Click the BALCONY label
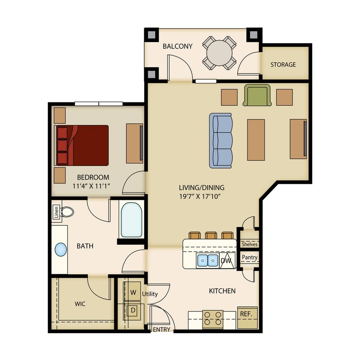point(177,46)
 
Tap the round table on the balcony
point(219,53)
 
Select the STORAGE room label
point(283,64)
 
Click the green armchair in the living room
point(257,95)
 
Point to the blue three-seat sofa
point(221,140)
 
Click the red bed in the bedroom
point(81,145)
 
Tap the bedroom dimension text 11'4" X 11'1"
point(91,186)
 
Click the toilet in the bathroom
point(67,212)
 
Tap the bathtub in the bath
point(131,220)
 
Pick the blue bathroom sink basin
point(61,250)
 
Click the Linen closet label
point(56,212)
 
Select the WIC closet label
point(80,304)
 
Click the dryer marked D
point(133,311)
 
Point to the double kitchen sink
point(208,261)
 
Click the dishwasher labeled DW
point(227,261)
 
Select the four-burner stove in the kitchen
point(212,319)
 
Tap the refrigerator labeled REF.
point(247,317)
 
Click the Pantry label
point(250,257)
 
